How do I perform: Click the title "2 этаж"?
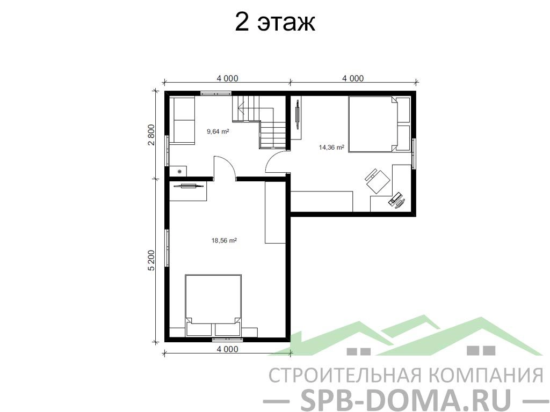(274, 23)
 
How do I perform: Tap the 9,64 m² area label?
(218, 131)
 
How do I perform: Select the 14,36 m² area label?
(331, 148)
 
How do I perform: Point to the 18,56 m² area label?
(224, 241)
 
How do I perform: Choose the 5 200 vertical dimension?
(151, 260)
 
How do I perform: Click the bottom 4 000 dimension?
(227, 349)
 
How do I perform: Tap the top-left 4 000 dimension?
(227, 78)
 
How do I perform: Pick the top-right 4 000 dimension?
(353, 78)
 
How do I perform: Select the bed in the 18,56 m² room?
(213, 305)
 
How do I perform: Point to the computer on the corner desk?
(396, 200)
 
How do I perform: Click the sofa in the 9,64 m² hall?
(182, 120)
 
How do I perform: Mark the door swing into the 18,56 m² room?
(225, 167)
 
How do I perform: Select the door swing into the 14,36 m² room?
(277, 163)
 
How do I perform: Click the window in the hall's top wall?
(216, 93)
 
